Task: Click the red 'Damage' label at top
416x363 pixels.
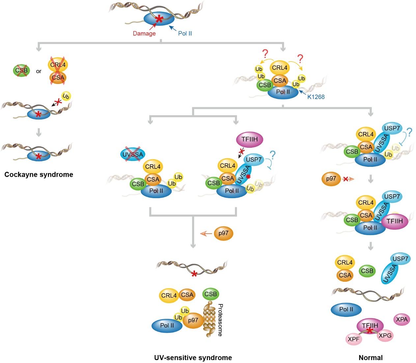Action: point(144,34)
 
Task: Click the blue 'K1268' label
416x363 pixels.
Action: point(316,97)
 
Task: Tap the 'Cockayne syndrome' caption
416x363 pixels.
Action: point(39,175)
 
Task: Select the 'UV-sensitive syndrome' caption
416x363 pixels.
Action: point(193,358)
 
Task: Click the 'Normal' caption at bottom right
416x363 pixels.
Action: point(371,358)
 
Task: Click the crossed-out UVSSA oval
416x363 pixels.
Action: point(133,154)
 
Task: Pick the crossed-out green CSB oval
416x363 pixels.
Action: point(21,70)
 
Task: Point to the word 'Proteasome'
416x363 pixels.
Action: point(220,320)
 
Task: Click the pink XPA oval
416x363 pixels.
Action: point(402,319)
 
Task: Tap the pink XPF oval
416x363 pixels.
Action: point(354,339)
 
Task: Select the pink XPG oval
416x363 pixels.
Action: point(385,336)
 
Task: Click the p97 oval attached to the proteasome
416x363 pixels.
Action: point(193,320)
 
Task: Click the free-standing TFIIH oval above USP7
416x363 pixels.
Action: point(250,140)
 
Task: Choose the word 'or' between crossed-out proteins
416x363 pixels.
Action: point(39,71)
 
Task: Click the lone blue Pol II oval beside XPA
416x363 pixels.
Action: point(346,309)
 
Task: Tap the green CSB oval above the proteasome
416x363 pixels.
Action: point(211,294)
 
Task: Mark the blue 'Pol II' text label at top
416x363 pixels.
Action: point(185,34)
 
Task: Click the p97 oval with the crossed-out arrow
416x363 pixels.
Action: point(331,179)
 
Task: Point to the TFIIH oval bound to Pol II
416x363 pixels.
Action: point(395,221)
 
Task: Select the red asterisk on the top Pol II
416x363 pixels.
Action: point(159,19)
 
